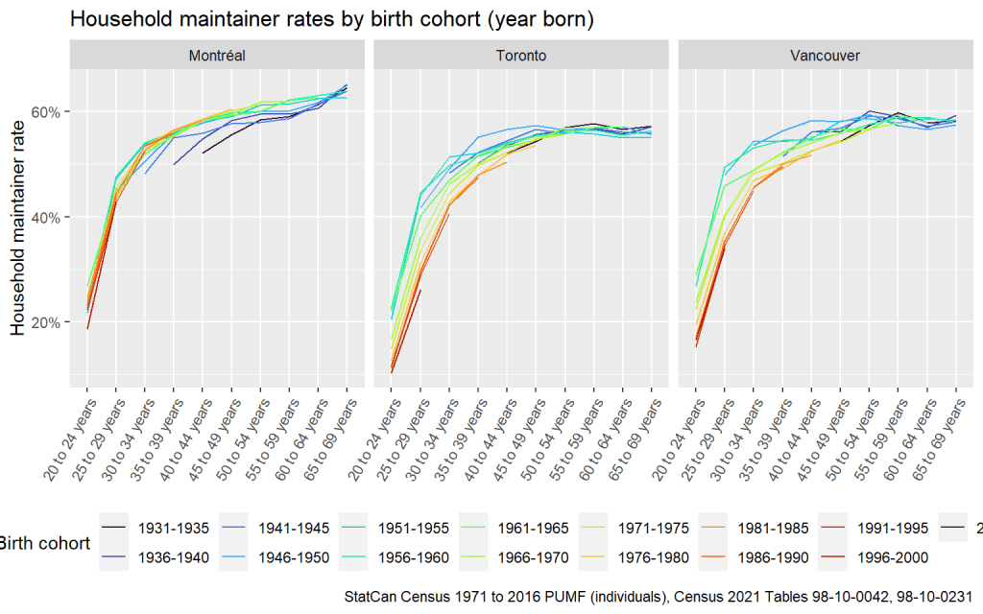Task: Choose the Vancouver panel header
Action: click(x=825, y=56)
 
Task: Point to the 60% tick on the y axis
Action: click(x=47, y=111)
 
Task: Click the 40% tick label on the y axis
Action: click(x=47, y=217)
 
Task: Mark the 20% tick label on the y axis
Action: click(x=47, y=322)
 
